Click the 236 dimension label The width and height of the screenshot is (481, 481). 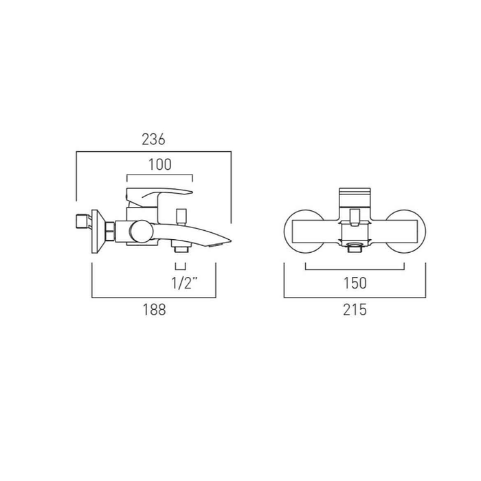coord(153,139)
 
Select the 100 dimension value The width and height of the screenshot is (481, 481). coord(160,165)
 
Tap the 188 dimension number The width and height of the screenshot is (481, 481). coord(155,309)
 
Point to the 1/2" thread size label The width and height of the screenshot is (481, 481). coord(184,283)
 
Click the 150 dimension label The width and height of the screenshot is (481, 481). coord(355,283)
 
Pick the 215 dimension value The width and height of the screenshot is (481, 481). coord(355,309)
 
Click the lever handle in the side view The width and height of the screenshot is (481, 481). coord(159,197)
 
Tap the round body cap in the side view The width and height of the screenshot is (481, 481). coord(142,232)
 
